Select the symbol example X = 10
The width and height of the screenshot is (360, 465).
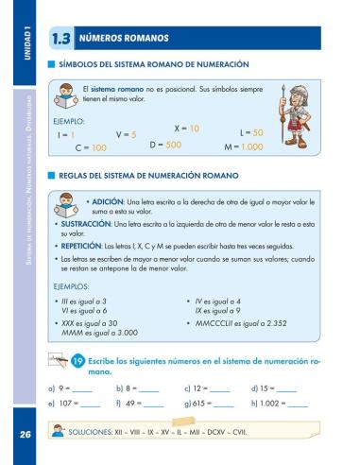[x=187, y=128]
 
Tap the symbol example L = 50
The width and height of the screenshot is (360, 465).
[x=251, y=133]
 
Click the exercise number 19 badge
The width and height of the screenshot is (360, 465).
[x=78, y=360]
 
